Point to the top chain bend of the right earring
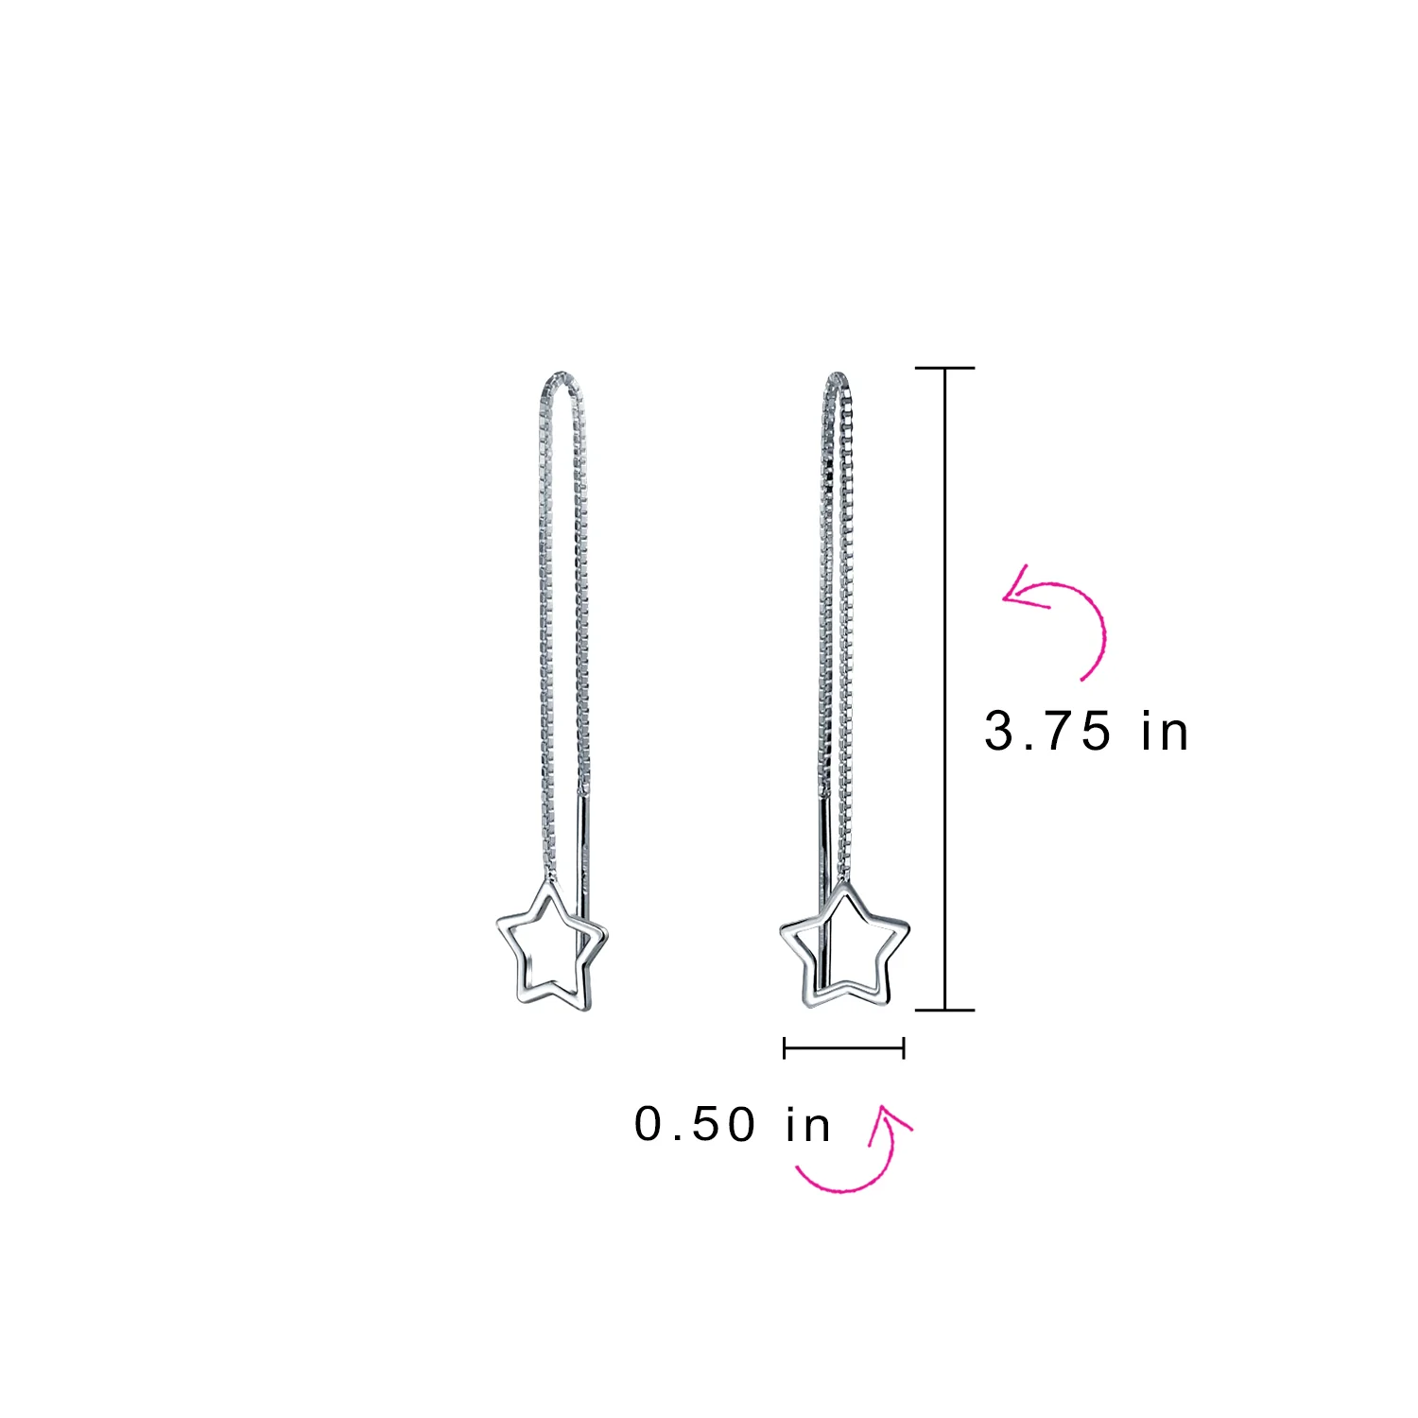(837, 375)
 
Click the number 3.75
(1047, 732)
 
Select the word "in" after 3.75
(1165, 732)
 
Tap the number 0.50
(696, 1124)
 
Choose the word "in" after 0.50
(808, 1124)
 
